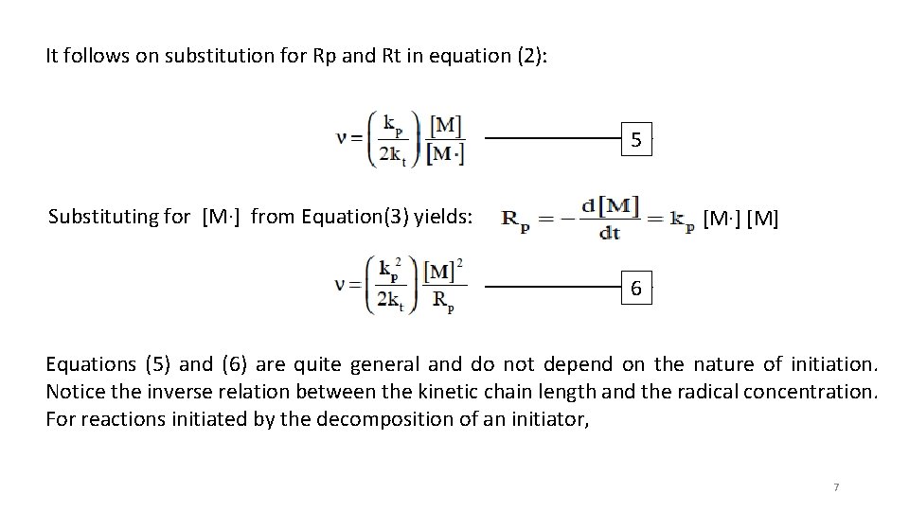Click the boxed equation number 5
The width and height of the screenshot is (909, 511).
tap(637, 140)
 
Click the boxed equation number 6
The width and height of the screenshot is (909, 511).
tap(637, 288)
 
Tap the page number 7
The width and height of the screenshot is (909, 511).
tap(836, 486)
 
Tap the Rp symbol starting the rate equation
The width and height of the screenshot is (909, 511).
tap(515, 220)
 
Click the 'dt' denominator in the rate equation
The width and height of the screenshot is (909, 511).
tap(610, 232)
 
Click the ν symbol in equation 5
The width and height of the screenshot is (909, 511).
tap(343, 138)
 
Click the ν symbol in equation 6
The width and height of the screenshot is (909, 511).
tap(343, 286)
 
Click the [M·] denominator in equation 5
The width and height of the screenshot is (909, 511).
tap(444, 154)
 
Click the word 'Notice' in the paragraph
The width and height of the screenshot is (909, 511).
tap(73, 390)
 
